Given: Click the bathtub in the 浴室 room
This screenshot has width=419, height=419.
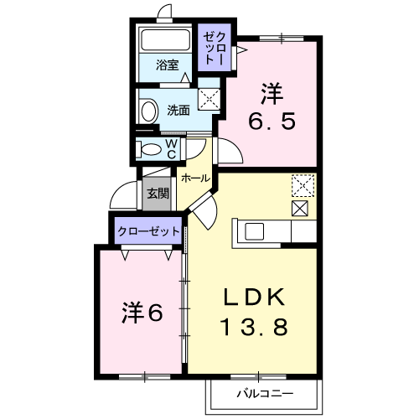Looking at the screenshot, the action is click(x=166, y=39).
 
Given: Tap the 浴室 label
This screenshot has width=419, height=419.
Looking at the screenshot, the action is click(x=167, y=65).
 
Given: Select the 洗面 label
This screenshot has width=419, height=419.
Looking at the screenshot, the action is click(x=178, y=111).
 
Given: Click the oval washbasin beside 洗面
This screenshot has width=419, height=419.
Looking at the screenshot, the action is click(x=148, y=111).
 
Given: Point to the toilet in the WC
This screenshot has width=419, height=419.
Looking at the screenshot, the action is click(x=148, y=149).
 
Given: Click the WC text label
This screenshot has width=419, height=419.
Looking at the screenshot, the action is click(x=171, y=149).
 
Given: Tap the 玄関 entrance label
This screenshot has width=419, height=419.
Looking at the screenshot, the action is click(x=158, y=193).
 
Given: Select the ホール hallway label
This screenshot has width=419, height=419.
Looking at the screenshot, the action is click(x=195, y=178).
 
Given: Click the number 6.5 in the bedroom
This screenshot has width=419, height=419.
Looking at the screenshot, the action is click(x=272, y=122).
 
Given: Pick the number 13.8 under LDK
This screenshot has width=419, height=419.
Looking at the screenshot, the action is click(x=254, y=327).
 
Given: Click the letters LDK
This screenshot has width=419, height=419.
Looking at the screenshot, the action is click(x=254, y=297).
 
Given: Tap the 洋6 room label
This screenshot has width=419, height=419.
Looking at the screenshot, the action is click(x=142, y=313).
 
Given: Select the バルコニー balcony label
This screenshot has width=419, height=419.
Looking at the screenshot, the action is click(x=265, y=394).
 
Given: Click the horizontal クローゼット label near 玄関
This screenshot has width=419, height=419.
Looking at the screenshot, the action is click(x=148, y=231).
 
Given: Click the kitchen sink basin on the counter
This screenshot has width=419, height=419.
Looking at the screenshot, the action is click(x=254, y=231).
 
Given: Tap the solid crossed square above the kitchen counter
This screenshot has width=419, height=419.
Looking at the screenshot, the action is click(x=300, y=209).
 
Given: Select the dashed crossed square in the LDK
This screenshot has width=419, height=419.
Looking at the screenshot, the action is click(x=303, y=185).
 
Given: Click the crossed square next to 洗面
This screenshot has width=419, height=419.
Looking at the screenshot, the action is click(x=209, y=99).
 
